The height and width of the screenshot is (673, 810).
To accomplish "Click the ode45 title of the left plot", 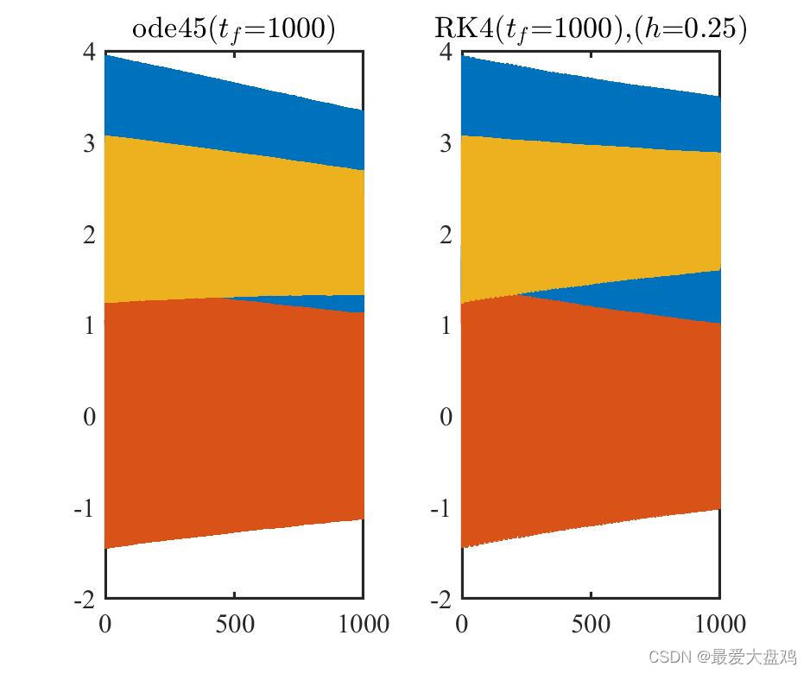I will click(x=233, y=29).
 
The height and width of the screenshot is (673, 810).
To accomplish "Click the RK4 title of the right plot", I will click(x=591, y=29).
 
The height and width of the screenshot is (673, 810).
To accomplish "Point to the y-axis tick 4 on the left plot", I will click(x=89, y=52).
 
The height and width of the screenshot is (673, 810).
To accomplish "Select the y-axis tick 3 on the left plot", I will click(x=89, y=143).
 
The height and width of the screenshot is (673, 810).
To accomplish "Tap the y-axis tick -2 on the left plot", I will click(x=85, y=599).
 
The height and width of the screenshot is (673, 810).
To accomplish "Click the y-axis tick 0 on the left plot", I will click(x=89, y=417).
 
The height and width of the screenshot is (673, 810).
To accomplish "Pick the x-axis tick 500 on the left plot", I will click(x=234, y=623).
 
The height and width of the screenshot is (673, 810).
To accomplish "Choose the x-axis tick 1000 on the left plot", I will click(x=362, y=623).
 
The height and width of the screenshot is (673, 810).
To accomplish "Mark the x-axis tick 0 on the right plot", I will click(x=462, y=623).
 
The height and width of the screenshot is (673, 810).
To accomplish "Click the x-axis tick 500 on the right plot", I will click(x=591, y=623).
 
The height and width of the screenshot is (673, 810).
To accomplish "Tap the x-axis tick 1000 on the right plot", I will click(x=718, y=623).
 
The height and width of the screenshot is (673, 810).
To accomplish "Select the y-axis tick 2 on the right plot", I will click(x=446, y=235).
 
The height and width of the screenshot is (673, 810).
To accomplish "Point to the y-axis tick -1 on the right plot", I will click(x=441, y=507).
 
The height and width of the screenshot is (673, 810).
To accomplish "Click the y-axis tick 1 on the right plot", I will click(x=446, y=325).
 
